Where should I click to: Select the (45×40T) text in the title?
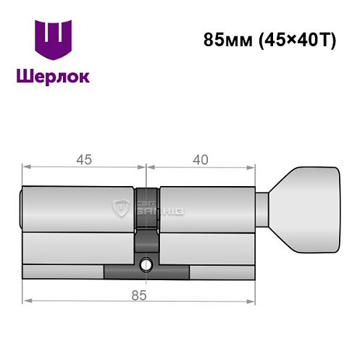coord(296,41)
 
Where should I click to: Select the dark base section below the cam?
coord(146,272)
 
